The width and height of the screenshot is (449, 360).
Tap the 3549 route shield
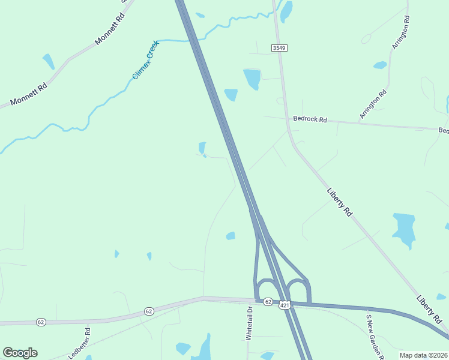[278, 47]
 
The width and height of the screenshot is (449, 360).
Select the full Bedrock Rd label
[310, 119]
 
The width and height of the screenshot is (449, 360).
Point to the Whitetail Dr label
[249, 323]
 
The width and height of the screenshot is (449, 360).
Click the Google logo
[20, 353]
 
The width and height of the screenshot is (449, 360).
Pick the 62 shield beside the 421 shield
[268, 301]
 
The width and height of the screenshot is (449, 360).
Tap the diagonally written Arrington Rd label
[373, 104]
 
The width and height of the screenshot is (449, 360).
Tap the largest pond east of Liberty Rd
[404, 229]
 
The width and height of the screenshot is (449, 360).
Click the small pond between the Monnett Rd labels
[48, 61]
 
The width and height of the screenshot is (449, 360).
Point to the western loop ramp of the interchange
[265, 287]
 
